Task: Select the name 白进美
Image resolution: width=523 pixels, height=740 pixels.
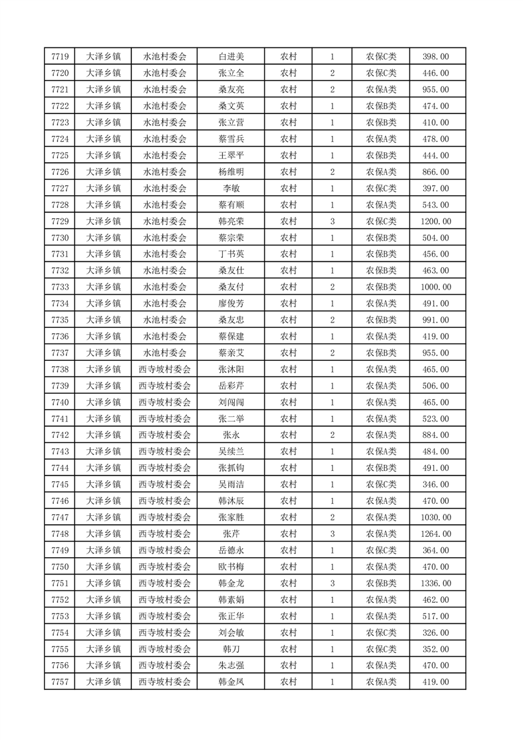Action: coord(231,57)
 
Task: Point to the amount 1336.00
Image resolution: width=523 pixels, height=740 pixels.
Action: coord(436,583)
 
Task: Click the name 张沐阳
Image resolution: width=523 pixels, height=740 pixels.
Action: coord(231,369)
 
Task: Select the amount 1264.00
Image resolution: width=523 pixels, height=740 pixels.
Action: coord(436,534)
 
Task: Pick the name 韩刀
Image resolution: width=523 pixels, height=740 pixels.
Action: coord(231,649)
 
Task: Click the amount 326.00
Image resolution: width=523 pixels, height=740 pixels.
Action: coord(436,632)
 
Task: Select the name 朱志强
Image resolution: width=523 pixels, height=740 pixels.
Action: coord(231,665)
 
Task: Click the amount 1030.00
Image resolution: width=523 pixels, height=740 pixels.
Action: coord(436,517)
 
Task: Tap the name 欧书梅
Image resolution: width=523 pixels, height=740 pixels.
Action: coord(231,567)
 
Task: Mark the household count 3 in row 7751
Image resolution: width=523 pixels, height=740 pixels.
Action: coord(332,583)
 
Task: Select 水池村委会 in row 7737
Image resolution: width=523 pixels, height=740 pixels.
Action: coord(165,353)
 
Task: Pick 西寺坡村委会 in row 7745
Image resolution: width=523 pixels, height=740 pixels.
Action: coord(165,484)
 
